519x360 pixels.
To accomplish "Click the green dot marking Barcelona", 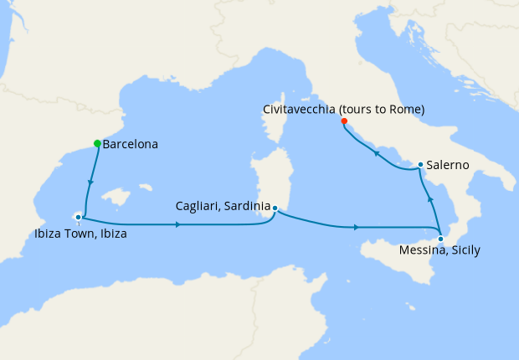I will point(97,143).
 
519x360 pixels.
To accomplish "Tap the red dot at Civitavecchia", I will point(343,121).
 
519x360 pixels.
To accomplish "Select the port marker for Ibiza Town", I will point(78,218).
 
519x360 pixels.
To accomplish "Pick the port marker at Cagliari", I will point(275,208).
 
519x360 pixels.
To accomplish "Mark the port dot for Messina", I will point(441,239).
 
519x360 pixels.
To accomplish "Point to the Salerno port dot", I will point(420,165).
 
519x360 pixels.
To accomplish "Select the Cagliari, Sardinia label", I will point(223,205).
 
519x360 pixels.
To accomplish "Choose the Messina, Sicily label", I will point(439,250).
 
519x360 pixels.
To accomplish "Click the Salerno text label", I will point(449,165).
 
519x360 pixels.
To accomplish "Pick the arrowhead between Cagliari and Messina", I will point(357,227).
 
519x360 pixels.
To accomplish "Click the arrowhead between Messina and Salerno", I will point(430,200).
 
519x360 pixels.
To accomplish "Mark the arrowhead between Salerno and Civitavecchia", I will point(377,154).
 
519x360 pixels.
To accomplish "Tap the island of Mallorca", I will point(117,198).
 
